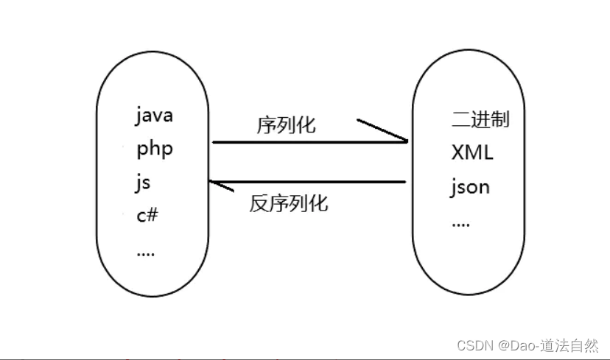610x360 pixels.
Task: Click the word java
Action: pyautogui.click(x=154, y=116)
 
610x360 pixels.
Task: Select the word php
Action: pyautogui.click(x=155, y=149)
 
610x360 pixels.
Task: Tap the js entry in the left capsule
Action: pyautogui.click(x=143, y=183)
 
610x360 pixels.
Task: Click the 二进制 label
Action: pyautogui.click(x=480, y=119)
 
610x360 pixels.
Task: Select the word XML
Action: pyautogui.click(x=472, y=153)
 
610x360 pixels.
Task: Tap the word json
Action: pyautogui.click(x=470, y=188)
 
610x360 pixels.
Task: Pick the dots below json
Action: pyautogui.click(x=460, y=223)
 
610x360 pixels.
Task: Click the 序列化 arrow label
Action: pyautogui.click(x=287, y=125)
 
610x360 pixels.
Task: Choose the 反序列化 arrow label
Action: pyautogui.click(x=289, y=204)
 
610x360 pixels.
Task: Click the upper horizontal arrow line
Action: pyautogui.click(x=309, y=142)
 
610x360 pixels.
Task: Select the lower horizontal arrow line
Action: pyautogui.click(x=309, y=182)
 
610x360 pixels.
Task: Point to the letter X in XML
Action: pyautogui.click(x=458, y=153)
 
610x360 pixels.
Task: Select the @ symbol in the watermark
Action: pyautogui.click(x=503, y=345)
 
